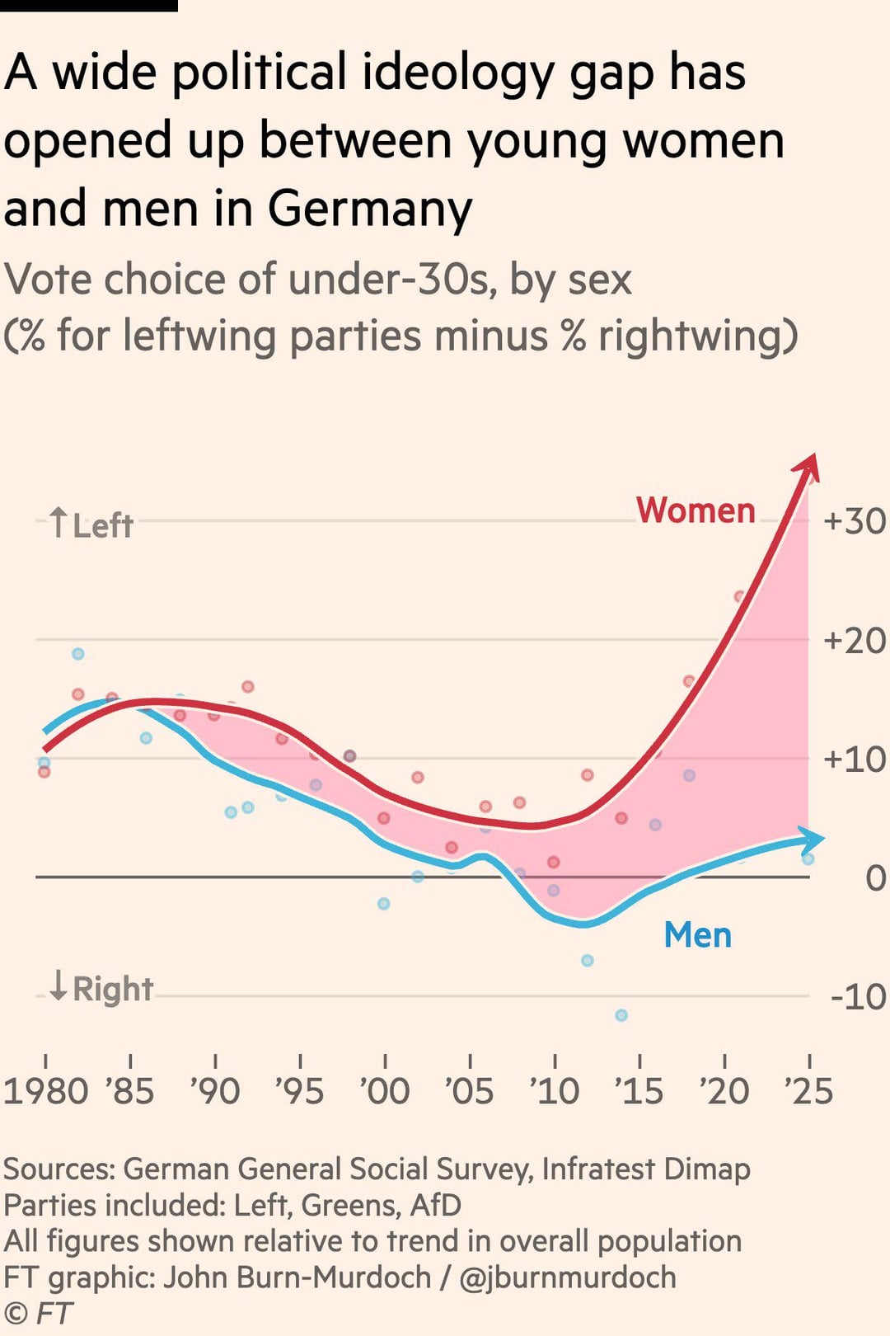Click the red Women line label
click(696, 510)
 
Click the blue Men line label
click(698, 935)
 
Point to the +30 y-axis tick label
click(855, 521)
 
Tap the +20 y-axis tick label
click(855, 641)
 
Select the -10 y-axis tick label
click(858, 997)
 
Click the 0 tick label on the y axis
click(875, 878)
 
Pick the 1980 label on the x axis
click(46, 1091)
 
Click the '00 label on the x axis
click(385, 1091)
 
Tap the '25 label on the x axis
click(808, 1091)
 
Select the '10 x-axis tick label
click(555, 1091)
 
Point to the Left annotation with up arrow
click(91, 525)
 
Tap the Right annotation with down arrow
click(101, 988)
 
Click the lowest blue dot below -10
click(621, 1015)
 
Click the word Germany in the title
click(370, 208)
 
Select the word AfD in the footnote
click(435, 1205)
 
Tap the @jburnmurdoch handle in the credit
click(568, 1277)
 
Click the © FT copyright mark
click(38, 1313)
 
